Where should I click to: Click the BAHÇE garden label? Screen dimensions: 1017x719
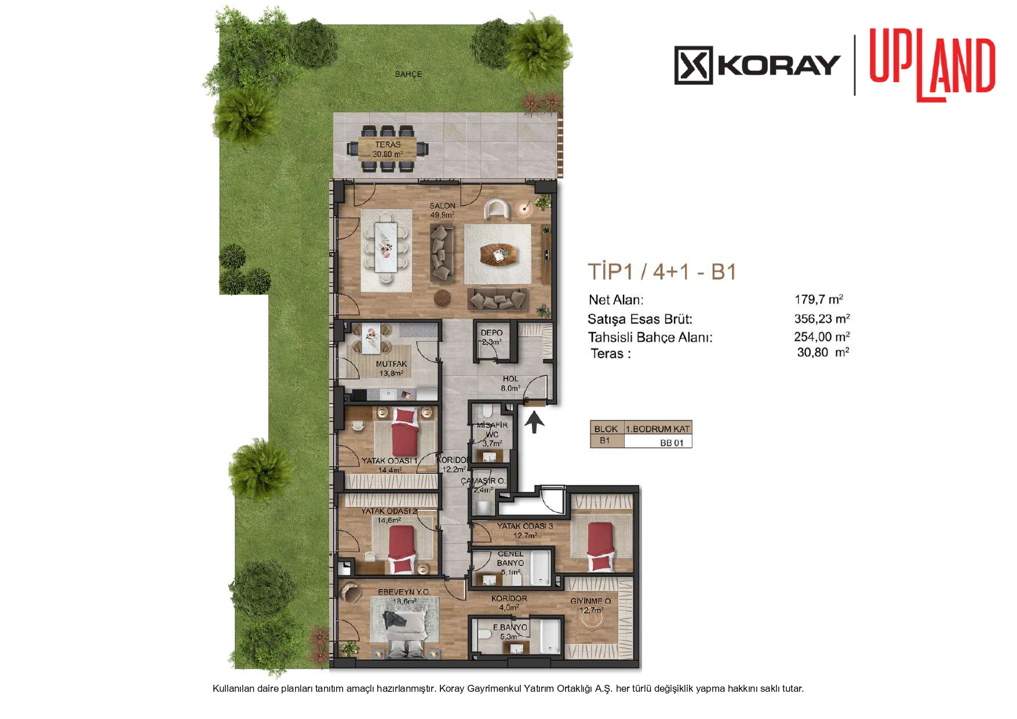(x=408, y=74)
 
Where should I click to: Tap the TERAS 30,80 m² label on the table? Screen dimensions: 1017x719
(x=388, y=149)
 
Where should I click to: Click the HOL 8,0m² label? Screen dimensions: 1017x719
(x=511, y=384)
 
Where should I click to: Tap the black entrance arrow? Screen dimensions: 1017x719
(x=534, y=422)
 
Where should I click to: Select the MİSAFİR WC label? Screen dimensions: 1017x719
(x=492, y=429)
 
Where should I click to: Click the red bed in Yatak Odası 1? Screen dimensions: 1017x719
(x=405, y=432)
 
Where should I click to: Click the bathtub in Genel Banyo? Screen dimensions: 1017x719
(x=540, y=568)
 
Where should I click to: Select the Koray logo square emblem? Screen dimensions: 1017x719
(x=693, y=65)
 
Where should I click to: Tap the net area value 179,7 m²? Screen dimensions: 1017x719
(x=818, y=300)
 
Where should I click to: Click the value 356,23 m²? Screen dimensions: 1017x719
(x=822, y=319)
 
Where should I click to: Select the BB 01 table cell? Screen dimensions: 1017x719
(x=672, y=443)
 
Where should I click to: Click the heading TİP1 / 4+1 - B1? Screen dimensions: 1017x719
(x=662, y=272)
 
